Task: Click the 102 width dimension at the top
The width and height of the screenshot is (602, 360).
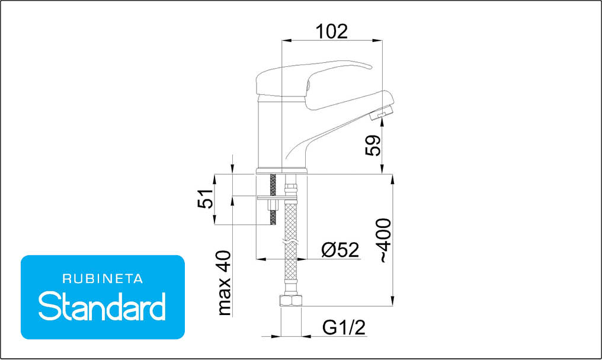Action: point(332,31)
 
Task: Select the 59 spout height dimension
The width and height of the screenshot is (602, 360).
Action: point(373,146)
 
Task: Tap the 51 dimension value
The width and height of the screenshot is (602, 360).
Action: point(206,198)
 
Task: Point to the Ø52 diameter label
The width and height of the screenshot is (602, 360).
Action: point(340,250)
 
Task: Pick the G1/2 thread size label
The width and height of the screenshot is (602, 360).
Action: point(344,328)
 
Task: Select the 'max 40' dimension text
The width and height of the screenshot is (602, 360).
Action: point(225,283)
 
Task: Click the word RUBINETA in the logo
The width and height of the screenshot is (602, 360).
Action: point(103,279)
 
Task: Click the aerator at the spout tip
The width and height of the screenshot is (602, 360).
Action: point(381,112)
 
